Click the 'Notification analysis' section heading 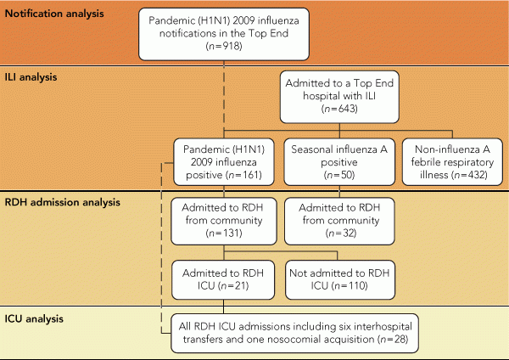tap(54, 14)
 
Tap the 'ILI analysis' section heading tap(31, 77)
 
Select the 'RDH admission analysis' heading tap(62, 202)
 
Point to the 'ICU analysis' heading tap(34, 318)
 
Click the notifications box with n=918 tap(224, 34)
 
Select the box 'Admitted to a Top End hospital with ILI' tap(339, 97)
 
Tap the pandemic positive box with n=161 tap(224, 162)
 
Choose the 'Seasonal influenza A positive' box tap(339, 162)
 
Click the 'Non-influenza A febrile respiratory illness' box tap(452, 162)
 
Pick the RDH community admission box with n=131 tap(224, 221)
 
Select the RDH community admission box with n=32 tap(339, 221)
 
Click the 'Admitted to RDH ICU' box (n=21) tap(223, 279)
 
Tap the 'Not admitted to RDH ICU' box tap(340, 279)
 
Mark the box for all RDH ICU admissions tap(294, 333)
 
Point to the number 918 tap(231, 46)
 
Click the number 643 tap(346, 109)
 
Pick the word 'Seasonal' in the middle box tap(311, 149)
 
